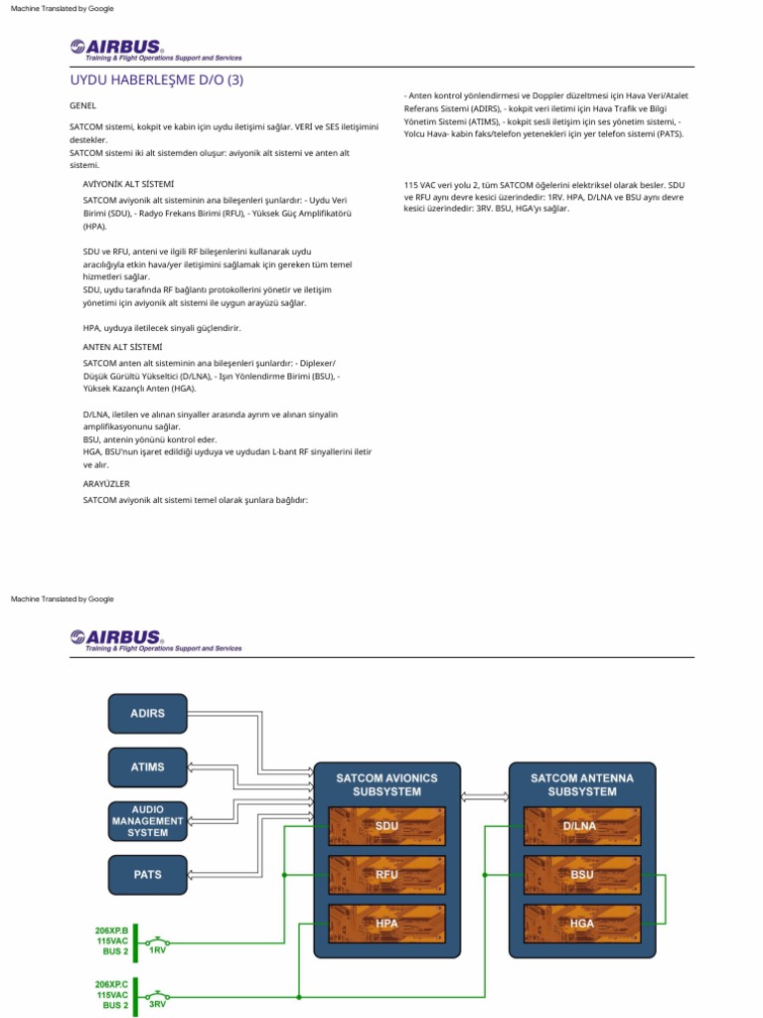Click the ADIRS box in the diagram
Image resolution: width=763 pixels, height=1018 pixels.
coord(147,713)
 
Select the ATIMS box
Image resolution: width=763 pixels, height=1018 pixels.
coord(147,766)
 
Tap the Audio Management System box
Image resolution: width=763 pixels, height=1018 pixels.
coord(147,820)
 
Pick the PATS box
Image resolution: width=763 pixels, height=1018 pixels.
coord(147,874)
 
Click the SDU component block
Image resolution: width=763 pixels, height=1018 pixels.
coord(386,825)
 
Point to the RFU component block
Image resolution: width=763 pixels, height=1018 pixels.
coord(386,875)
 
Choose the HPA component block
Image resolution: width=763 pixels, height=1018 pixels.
coord(386,924)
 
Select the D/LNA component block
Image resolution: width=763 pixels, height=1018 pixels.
coord(581,825)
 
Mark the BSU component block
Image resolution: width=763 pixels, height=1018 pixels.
coord(581,875)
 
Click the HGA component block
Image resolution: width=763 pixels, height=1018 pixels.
coord(581,924)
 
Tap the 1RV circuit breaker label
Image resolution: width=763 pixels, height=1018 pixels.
coord(157,950)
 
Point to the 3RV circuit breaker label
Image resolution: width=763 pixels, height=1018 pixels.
coord(157,1004)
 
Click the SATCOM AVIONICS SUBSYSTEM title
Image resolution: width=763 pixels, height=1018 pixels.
coord(386,784)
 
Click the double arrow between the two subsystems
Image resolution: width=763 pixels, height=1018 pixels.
coord(484,794)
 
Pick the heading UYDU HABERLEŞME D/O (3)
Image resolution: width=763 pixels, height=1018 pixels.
coord(156,80)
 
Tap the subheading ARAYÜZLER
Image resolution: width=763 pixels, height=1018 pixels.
coord(106,483)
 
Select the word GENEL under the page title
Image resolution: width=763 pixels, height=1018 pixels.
coord(83,105)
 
